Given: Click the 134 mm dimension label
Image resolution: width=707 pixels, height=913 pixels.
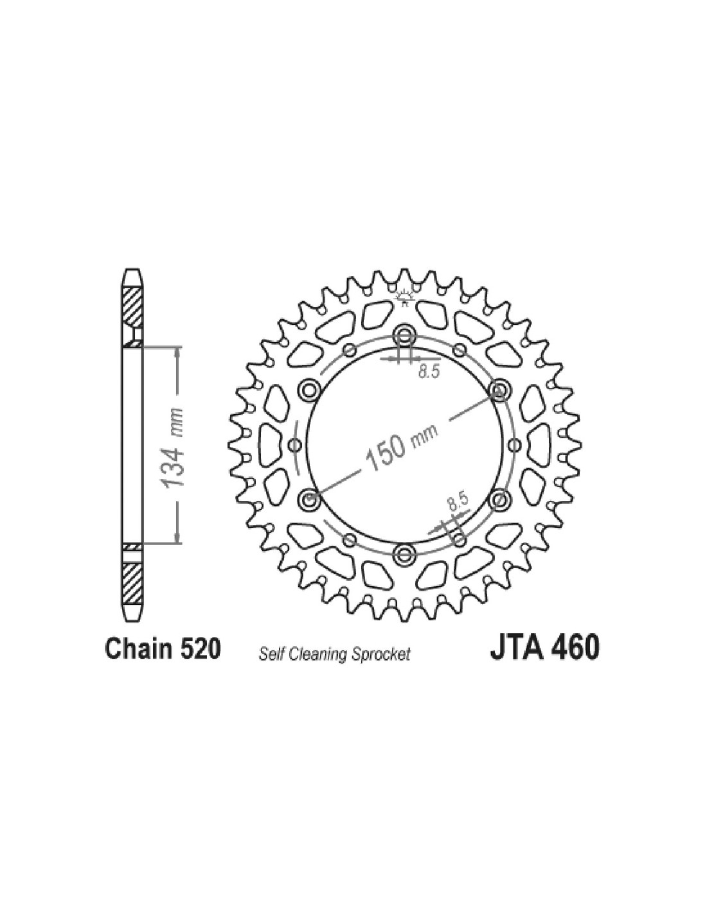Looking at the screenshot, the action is pos(174,448).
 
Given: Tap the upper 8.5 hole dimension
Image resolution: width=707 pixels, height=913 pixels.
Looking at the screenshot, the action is pos(429,372).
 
